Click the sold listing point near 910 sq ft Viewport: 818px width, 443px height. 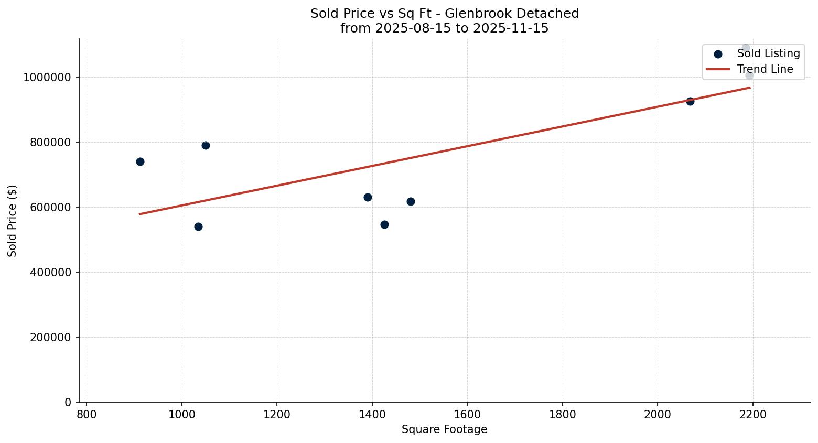coord(140,161)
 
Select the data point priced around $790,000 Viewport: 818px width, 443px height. coord(206,145)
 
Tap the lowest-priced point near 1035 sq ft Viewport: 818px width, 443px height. coord(198,226)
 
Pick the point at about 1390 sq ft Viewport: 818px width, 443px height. coord(368,197)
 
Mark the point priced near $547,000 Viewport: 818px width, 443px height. coord(384,224)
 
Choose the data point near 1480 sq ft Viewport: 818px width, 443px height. coord(411,201)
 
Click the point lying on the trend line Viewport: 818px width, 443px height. coord(690,101)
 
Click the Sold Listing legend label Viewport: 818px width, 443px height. coord(768,53)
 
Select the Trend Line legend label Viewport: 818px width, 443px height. coord(765,69)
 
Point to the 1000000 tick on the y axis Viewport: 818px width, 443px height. coord(47,78)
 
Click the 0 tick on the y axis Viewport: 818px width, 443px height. coord(68,403)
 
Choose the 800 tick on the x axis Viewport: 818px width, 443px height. coord(87,414)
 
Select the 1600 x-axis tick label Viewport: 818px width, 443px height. coord(467,414)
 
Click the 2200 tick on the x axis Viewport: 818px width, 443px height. coord(752,414)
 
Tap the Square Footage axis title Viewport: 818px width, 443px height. coord(444,430)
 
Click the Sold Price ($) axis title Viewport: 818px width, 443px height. coord(13,221)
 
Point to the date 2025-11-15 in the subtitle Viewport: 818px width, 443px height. coord(511,28)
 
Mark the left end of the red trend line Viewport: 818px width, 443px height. coord(139,214)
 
